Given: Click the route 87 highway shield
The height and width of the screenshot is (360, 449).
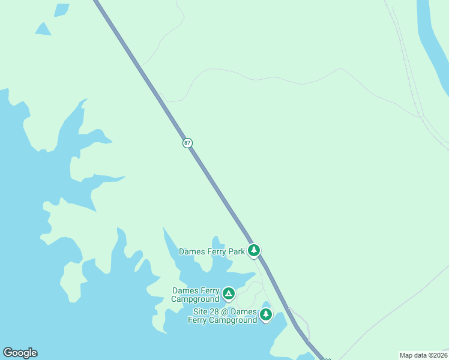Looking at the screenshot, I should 188,143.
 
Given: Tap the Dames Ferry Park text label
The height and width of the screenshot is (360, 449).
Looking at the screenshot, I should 212,251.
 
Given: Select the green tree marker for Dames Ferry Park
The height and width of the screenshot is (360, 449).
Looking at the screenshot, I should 254,250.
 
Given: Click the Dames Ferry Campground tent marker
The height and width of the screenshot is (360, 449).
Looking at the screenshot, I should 228,293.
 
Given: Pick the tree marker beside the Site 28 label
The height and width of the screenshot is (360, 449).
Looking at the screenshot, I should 266,314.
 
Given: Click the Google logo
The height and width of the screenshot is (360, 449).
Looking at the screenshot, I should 20,353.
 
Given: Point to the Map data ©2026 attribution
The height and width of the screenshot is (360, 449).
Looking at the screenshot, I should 423,355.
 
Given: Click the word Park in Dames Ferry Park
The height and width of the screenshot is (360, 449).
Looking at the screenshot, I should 236,251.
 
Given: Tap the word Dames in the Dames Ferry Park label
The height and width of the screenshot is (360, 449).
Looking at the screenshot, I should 191,251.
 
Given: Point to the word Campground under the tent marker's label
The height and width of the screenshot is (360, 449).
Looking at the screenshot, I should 195,299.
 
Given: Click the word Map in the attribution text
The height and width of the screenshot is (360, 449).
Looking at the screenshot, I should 406,355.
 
